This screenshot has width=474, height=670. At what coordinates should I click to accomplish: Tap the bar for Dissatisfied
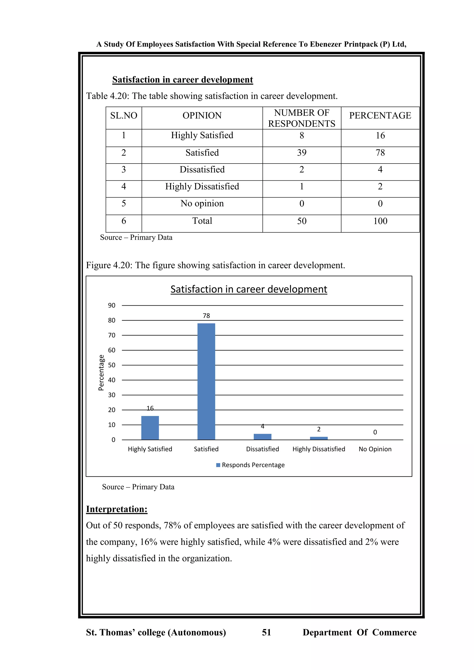point(262,437)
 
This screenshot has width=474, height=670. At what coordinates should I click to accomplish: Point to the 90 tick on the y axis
point(112,306)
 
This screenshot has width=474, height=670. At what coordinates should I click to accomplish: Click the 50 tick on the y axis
point(112,365)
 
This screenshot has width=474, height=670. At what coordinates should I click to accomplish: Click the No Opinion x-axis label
point(375,449)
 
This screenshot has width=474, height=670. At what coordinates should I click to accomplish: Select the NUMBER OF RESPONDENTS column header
point(302,118)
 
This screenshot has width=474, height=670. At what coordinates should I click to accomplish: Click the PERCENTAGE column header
point(380,115)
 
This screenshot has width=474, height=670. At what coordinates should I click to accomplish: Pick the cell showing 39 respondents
point(302,153)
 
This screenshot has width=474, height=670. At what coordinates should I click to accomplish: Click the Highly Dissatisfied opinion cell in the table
point(202,186)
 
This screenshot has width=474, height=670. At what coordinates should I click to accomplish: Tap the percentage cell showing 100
point(380,221)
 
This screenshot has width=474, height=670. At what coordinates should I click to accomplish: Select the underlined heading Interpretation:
point(116,509)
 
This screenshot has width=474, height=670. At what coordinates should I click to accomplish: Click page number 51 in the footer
point(266,632)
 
